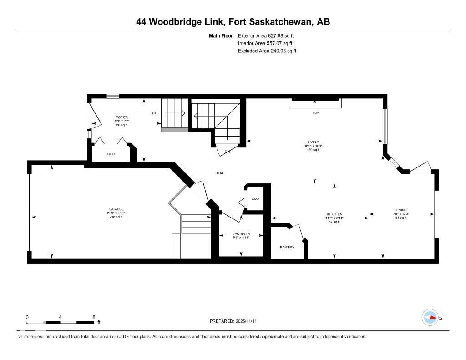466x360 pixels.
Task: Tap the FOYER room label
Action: tap(122, 117)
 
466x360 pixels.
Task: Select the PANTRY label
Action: tap(287, 248)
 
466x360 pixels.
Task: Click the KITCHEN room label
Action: tap(334, 214)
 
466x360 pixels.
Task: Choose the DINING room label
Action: tap(401, 210)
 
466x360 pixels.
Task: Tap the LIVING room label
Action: tap(313, 142)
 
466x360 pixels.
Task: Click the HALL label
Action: tap(221, 173)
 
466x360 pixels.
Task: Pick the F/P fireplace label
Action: tap(315, 112)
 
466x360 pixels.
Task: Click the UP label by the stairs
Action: tap(155, 113)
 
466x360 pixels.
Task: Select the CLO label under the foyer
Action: tap(111, 154)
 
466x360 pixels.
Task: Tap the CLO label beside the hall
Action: tap(255, 198)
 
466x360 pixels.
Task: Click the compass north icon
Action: tap(430, 317)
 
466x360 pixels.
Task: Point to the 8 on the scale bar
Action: tap(93, 317)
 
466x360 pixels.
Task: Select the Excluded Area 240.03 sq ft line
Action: tap(267, 51)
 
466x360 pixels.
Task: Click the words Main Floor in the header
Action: tap(221, 35)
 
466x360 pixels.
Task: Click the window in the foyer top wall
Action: tap(113, 96)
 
